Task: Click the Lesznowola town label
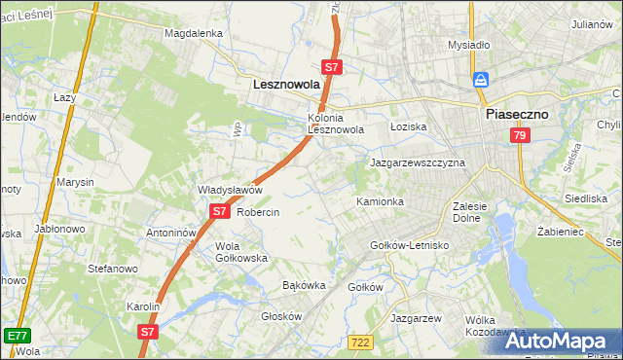click(286, 86)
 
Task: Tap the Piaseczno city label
click(517, 114)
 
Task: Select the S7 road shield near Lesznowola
click(332, 67)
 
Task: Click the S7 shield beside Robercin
click(219, 211)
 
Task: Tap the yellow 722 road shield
click(359, 341)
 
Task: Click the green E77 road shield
click(16, 335)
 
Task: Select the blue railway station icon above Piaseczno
click(480, 80)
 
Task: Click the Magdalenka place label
click(194, 32)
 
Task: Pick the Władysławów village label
click(231, 190)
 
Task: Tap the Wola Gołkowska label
click(241, 252)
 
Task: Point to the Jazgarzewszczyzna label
click(418, 162)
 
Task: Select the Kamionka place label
click(380, 201)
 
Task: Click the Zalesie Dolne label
click(476, 212)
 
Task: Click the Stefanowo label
click(109, 268)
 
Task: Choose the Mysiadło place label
click(468, 45)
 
